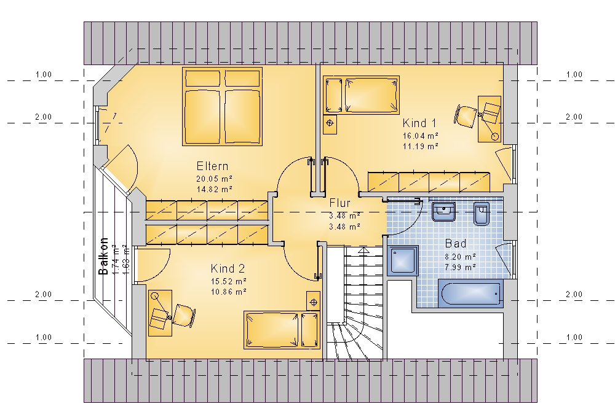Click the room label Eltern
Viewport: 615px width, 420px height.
click(x=212, y=166)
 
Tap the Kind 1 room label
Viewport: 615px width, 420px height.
click(x=419, y=123)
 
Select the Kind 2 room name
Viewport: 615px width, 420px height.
click(x=228, y=268)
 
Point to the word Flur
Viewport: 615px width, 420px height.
click(x=339, y=203)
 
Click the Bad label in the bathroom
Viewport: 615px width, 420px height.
click(x=456, y=244)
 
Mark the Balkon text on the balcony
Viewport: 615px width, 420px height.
click(x=103, y=256)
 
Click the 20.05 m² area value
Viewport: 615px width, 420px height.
click(x=214, y=179)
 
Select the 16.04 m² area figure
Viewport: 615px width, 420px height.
click(x=421, y=136)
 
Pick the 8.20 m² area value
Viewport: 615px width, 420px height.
click(x=461, y=257)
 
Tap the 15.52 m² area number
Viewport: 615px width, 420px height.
click(x=229, y=281)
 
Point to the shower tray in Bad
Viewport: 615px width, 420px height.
click(x=403, y=260)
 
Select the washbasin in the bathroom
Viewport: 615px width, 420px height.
click(x=443, y=211)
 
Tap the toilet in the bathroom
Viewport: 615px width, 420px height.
click(x=482, y=213)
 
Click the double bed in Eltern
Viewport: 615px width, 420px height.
click(x=222, y=106)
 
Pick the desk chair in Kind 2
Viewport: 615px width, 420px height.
click(x=183, y=316)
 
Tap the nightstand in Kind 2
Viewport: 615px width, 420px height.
click(x=314, y=301)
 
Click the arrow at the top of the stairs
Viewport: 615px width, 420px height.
click(x=363, y=251)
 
